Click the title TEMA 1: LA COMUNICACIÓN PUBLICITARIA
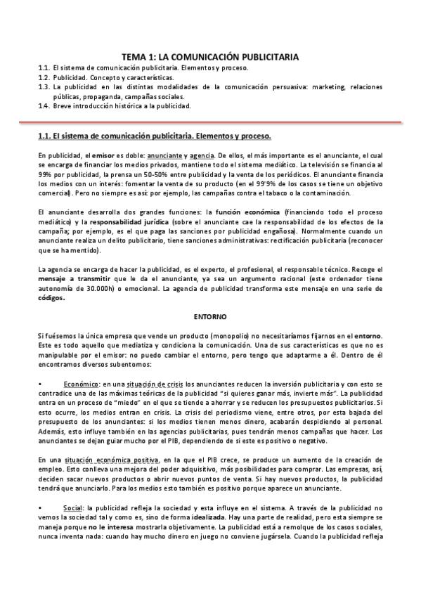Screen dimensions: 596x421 [210, 56]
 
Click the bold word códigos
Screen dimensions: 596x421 [52, 298]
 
